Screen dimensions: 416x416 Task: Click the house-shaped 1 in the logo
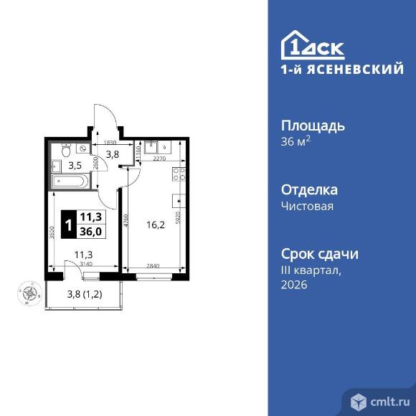[x=294, y=46]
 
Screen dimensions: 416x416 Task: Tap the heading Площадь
[x=312, y=126]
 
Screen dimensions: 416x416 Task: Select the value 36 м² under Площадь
[x=296, y=141]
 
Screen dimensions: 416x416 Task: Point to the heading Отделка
[x=309, y=190]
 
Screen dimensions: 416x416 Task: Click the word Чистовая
[x=307, y=206]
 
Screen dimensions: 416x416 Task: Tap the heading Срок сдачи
[x=319, y=255]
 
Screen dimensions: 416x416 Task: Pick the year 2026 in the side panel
[x=294, y=285]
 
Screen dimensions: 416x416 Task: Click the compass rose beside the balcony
[x=29, y=293]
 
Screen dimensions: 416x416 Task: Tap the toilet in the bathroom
[x=66, y=151]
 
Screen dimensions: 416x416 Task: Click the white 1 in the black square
[x=67, y=224]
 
